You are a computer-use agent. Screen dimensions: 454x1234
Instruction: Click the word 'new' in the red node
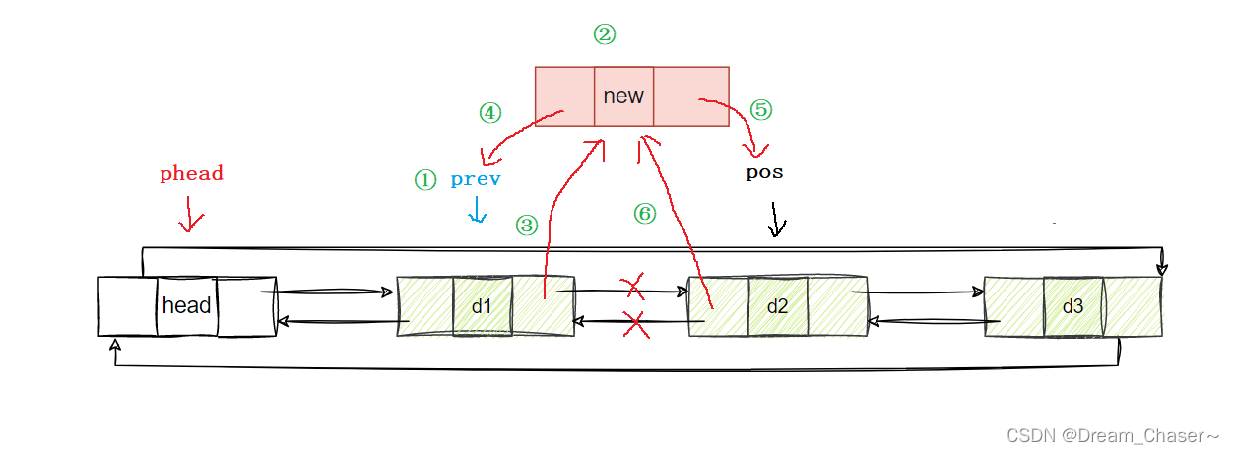(x=622, y=96)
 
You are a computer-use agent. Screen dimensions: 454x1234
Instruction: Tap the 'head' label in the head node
(x=187, y=305)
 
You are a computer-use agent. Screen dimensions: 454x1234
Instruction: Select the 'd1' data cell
(x=482, y=306)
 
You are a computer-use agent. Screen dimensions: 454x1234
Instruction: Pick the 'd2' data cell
(x=777, y=306)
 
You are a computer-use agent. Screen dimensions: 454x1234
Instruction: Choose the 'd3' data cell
(x=1072, y=306)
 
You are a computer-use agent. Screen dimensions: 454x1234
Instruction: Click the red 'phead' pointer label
(x=191, y=174)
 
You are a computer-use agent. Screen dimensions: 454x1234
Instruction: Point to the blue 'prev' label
(x=476, y=179)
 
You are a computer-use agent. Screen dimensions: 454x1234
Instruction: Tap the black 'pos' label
(x=764, y=172)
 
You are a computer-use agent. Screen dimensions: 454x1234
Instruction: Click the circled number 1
(x=424, y=180)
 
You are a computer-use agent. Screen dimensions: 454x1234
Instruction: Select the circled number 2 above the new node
(x=604, y=34)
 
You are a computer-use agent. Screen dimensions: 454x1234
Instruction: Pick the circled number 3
(x=527, y=226)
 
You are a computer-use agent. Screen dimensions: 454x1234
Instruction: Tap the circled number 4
(x=489, y=113)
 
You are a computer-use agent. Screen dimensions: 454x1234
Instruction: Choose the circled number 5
(x=760, y=109)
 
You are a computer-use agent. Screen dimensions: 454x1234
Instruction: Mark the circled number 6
(x=644, y=214)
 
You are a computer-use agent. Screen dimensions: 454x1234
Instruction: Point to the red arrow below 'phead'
(x=190, y=215)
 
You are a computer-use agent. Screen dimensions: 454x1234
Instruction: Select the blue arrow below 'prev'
(x=477, y=209)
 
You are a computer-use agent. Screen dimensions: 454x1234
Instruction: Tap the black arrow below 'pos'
(x=777, y=220)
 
